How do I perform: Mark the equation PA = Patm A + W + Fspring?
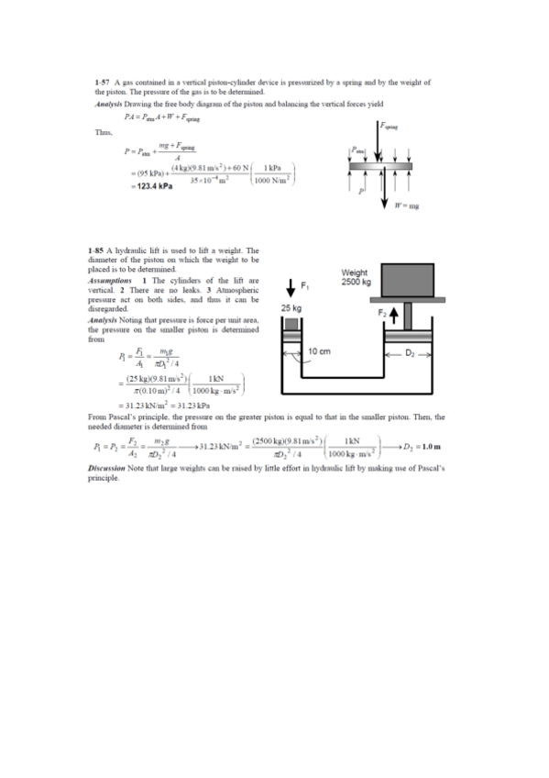160,117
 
